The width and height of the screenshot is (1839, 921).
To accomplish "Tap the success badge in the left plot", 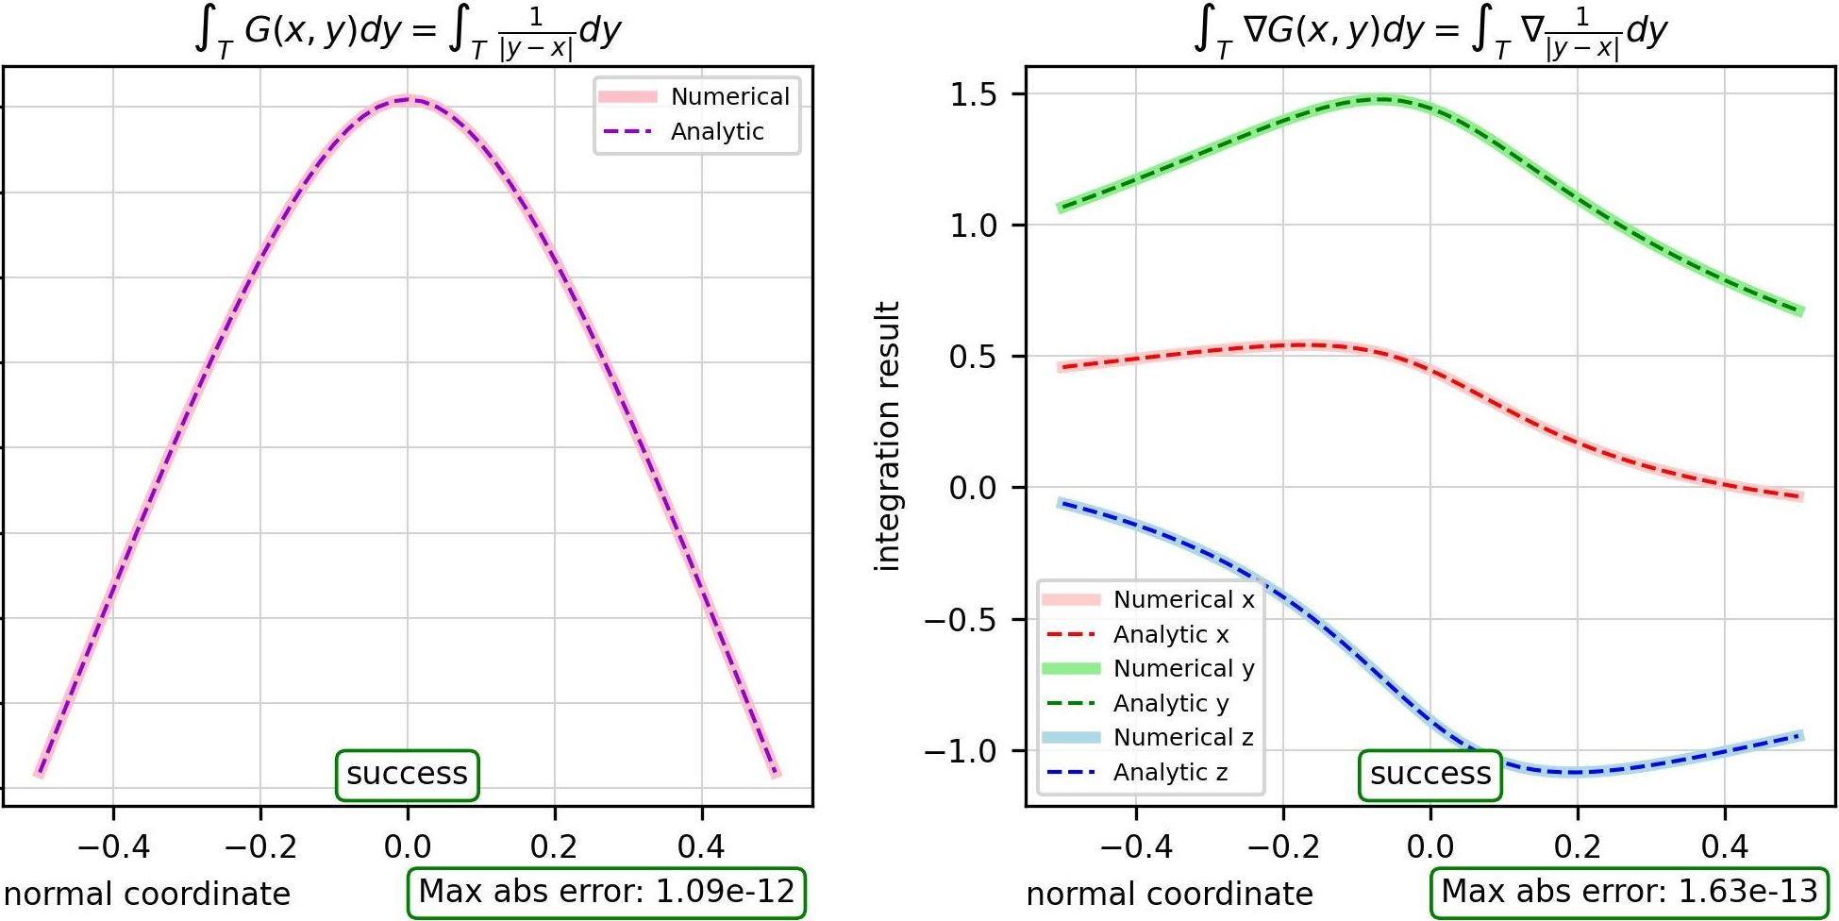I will [408, 775].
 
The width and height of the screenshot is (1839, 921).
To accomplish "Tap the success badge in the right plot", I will [1430, 775].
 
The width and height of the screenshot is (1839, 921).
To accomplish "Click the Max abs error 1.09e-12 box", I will [607, 892].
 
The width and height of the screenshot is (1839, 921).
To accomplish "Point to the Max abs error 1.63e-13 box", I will [1630, 892].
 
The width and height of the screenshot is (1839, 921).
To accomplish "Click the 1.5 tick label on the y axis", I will [976, 94].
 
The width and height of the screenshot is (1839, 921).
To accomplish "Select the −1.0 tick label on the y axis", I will [961, 751].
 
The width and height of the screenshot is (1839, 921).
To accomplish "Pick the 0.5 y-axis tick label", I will [976, 357].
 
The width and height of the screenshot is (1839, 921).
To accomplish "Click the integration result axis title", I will [888, 436].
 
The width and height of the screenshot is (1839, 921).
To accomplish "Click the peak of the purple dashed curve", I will [409, 98].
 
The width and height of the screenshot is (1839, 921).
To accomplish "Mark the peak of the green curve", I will [1382, 98].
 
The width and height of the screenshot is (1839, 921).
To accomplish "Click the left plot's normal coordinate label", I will [147, 894].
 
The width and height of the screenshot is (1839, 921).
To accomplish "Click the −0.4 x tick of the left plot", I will [113, 847].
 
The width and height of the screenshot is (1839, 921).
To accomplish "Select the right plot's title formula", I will [1430, 32].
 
